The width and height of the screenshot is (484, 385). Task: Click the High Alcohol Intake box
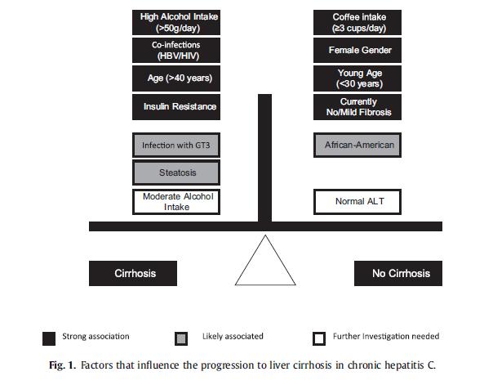(x=176, y=22)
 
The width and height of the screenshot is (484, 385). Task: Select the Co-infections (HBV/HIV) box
(x=176, y=51)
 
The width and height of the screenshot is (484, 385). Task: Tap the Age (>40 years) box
(x=176, y=78)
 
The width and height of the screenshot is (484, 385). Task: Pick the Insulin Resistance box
(x=176, y=107)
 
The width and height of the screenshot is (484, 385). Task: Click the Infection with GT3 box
(x=176, y=145)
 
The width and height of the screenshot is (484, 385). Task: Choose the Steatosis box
(x=176, y=172)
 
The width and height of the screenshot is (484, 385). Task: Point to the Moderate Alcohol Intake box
(x=176, y=202)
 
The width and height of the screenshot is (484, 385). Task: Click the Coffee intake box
(x=357, y=22)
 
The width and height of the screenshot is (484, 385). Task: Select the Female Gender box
(x=357, y=51)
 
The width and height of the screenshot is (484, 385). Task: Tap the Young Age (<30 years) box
(x=357, y=78)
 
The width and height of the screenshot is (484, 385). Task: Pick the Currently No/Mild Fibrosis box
(x=357, y=107)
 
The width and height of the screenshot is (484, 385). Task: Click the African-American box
(x=357, y=145)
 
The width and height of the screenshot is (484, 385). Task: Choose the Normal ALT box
(x=357, y=202)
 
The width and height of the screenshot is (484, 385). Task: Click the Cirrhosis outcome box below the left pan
(x=133, y=273)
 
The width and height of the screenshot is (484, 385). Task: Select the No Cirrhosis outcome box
(x=398, y=273)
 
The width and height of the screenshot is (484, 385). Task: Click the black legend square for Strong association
(x=49, y=338)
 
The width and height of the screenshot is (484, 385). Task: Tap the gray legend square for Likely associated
(x=181, y=338)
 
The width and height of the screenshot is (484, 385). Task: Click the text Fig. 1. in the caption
(x=62, y=365)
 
